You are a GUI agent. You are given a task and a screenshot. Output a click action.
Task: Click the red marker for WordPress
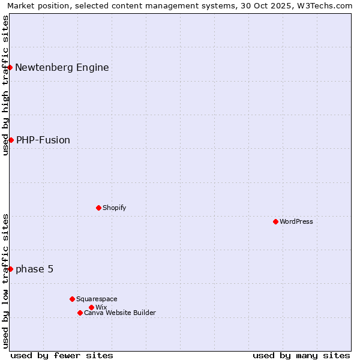point(275,221)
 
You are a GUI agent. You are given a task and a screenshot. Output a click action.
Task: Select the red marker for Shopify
point(98,208)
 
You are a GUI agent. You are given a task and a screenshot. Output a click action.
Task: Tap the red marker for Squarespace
point(72,299)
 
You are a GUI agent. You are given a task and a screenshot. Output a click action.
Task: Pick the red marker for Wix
point(91,307)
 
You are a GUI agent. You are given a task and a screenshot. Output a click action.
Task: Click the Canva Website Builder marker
point(80,313)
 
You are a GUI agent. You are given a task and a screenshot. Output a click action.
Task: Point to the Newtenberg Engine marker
point(10,67)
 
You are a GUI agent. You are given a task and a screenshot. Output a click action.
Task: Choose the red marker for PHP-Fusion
point(11,140)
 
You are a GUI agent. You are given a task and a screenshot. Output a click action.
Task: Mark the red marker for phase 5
point(10,269)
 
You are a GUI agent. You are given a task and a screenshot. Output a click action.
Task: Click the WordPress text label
point(296,221)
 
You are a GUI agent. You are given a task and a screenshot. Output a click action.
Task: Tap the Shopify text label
point(115,208)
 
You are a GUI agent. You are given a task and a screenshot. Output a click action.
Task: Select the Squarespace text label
point(97,299)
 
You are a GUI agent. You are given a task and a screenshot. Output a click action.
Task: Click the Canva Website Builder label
point(120,313)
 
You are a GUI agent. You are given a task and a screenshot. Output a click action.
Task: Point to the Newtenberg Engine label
point(62,67)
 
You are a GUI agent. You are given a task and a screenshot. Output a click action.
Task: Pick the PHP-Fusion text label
point(43,140)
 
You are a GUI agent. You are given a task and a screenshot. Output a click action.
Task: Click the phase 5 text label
point(34,269)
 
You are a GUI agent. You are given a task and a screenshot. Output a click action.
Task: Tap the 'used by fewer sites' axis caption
point(62,355)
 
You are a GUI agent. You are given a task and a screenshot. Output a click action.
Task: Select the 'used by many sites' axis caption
point(301,355)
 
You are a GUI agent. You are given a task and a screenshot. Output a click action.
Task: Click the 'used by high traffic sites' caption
point(5,85)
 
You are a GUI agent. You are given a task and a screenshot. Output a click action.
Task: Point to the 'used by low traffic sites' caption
point(5,281)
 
